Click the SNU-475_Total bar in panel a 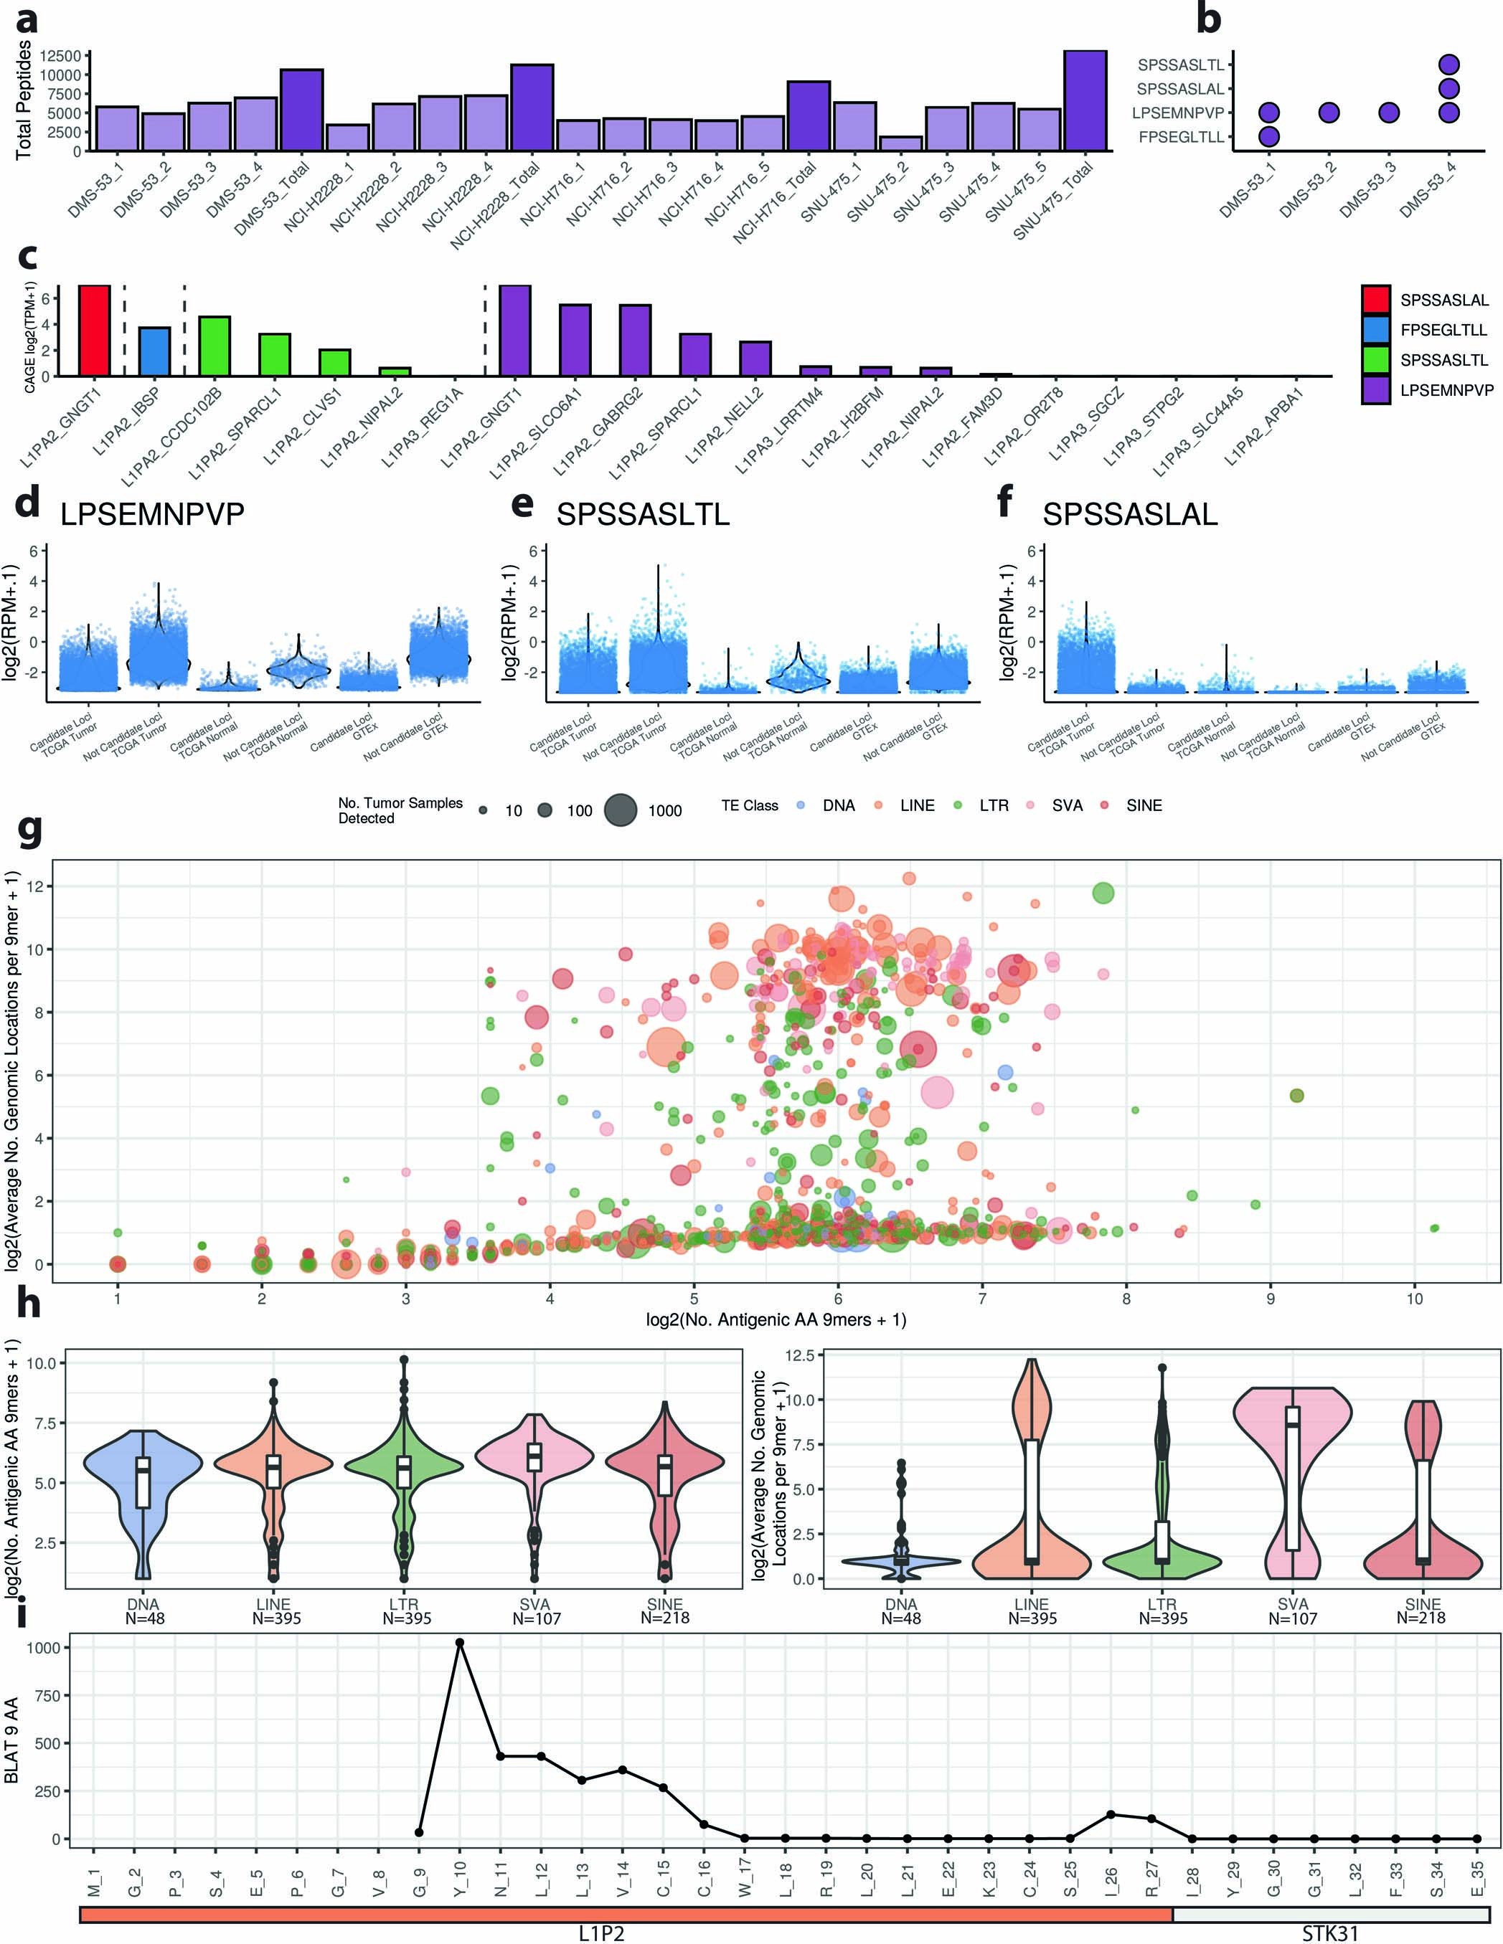1085,102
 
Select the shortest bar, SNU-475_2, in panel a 900,143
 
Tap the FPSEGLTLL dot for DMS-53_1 1269,136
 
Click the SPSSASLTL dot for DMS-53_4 1448,64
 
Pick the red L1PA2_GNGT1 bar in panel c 95,331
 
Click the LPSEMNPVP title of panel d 152,514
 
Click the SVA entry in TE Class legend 1067,805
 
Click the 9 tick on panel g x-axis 1270,1299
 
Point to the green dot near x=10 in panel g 1433,1228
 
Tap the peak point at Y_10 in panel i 459,1642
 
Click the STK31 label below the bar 1329,1933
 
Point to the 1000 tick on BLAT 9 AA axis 44,1648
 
